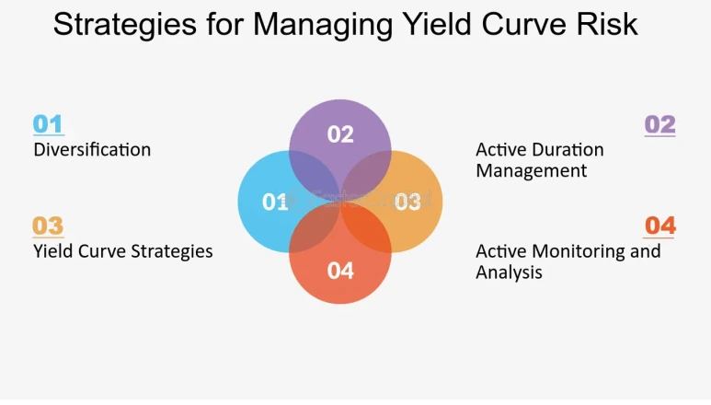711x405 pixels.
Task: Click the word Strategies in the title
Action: point(125,25)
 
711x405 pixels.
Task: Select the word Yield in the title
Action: point(435,24)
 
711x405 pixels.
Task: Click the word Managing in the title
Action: point(323,26)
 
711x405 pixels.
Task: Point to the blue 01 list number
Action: point(48,124)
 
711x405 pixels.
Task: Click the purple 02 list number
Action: point(659,124)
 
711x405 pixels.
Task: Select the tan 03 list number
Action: point(48,226)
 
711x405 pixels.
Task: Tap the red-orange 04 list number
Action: point(660,226)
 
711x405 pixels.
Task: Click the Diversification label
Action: point(92,150)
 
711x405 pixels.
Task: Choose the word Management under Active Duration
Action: point(531,171)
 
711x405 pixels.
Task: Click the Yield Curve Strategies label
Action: point(123,251)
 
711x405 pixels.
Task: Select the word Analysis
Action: point(509,272)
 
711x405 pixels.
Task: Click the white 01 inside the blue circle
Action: point(275,202)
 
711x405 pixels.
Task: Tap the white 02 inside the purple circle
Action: point(340,134)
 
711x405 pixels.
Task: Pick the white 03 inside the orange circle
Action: point(407,202)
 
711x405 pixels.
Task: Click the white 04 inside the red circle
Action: point(340,271)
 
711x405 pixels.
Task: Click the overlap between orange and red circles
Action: point(366,226)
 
